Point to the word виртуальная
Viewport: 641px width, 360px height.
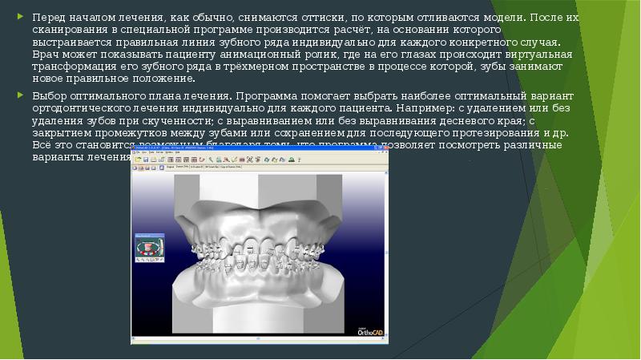point(532,54)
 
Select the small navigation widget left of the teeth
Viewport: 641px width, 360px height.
point(148,246)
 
